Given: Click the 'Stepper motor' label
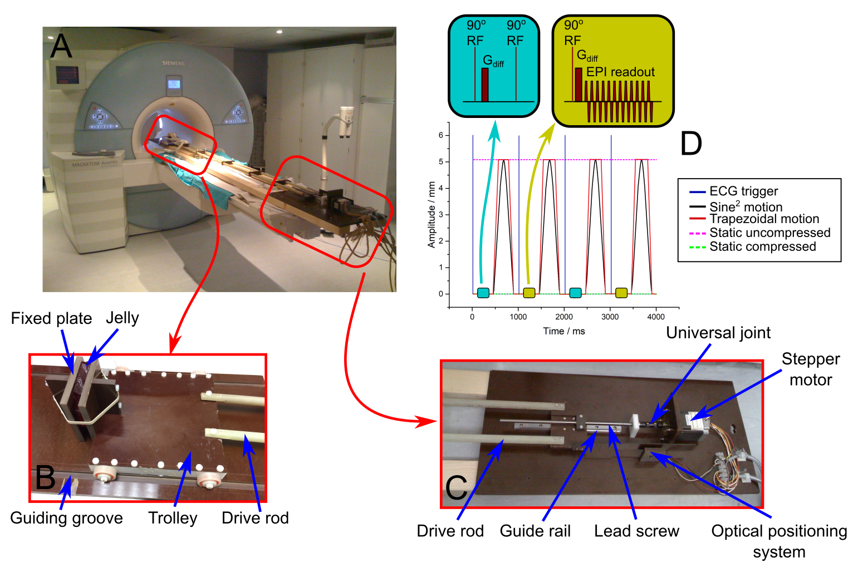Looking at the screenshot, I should pyautogui.click(x=810, y=369).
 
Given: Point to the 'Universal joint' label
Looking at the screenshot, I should pyautogui.click(x=718, y=333).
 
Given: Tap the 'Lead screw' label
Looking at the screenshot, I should pyautogui.click(x=636, y=531).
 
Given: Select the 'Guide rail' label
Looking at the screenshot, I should pyautogui.click(x=535, y=531).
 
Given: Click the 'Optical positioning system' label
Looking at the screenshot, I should pyautogui.click(x=779, y=541).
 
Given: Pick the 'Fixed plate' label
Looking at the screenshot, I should pyautogui.click(x=51, y=318).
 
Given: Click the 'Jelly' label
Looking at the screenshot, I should pyautogui.click(x=122, y=318).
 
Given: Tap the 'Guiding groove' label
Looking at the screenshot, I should pyautogui.click(x=66, y=518).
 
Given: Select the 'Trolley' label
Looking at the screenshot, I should pyautogui.click(x=173, y=518).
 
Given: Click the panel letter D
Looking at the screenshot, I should pyautogui.click(x=691, y=144).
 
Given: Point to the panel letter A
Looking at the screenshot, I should pyautogui.click(x=61, y=46).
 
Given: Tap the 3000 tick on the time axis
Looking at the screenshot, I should pyautogui.click(x=610, y=317).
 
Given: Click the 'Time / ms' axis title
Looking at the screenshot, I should pyautogui.click(x=563, y=331).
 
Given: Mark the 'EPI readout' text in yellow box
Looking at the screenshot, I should pyautogui.click(x=620, y=72).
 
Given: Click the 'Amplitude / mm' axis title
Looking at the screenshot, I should pyautogui.click(x=432, y=215).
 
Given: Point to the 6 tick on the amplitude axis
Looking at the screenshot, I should pyautogui.click(x=441, y=135).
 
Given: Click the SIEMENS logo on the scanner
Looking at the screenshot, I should pyautogui.click(x=173, y=63).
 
